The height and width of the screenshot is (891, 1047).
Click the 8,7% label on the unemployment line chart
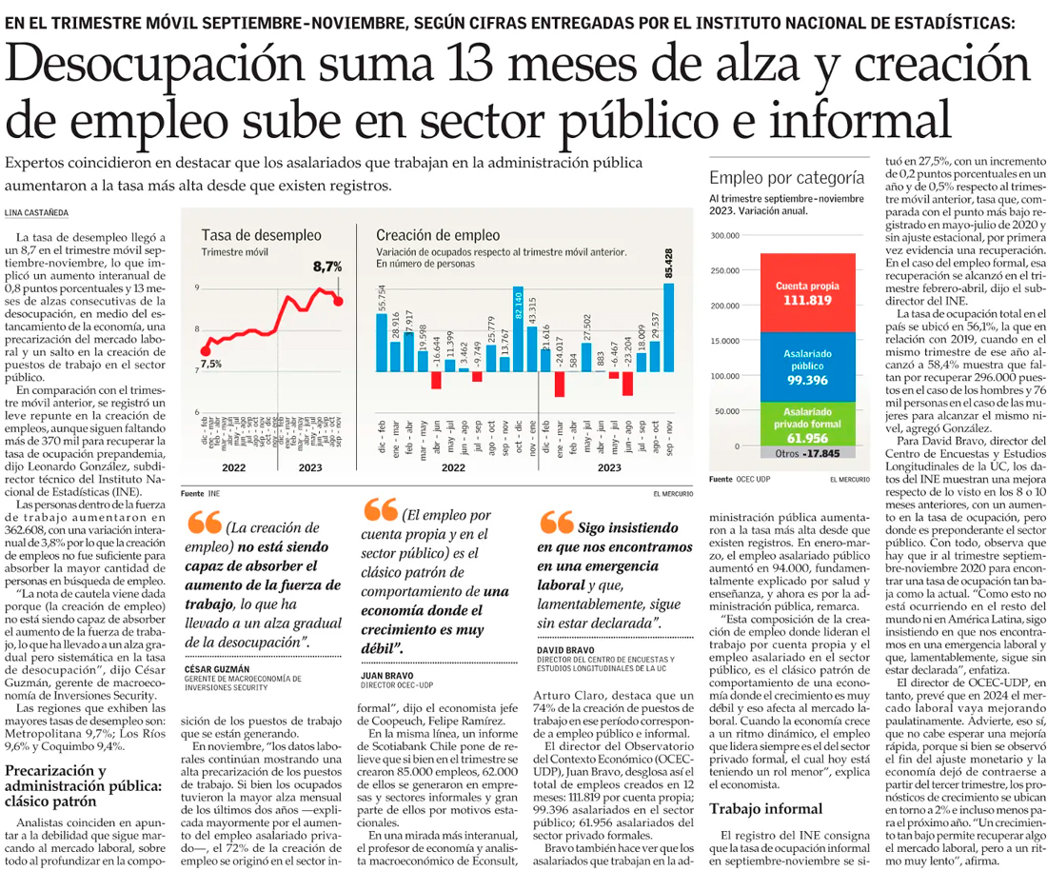click(x=326, y=267)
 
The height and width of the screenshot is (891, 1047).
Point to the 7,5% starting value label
click(x=210, y=363)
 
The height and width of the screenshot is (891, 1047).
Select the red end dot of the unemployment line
click(x=339, y=300)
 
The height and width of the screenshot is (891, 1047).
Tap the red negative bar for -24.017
click(x=561, y=383)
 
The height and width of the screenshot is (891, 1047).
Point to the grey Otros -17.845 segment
click(x=802, y=454)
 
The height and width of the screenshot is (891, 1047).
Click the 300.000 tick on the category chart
click(x=725, y=236)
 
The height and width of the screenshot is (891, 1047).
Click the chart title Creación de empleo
click(x=425, y=235)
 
